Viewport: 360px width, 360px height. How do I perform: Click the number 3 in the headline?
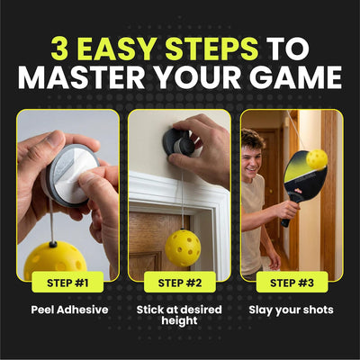click(59, 49)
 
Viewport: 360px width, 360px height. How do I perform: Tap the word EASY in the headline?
click(118, 49)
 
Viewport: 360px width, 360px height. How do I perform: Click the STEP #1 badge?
click(67, 282)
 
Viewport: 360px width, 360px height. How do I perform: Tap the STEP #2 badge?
click(180, 282)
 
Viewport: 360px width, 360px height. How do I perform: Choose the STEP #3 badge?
click(292, 282)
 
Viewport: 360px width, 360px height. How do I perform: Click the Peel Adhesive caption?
click(69, 310)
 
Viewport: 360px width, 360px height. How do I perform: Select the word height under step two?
click(179, 320)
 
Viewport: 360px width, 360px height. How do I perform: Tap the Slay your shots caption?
click(291, 310)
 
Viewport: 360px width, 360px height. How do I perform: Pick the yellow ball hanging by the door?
click(183, 248)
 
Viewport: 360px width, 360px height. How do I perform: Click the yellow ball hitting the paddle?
click(317, 160)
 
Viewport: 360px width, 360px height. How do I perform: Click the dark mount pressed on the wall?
click(179, 144)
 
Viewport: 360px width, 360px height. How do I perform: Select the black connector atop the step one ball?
click(53, 244)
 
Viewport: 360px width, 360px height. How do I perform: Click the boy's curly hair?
click(253, 139)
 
